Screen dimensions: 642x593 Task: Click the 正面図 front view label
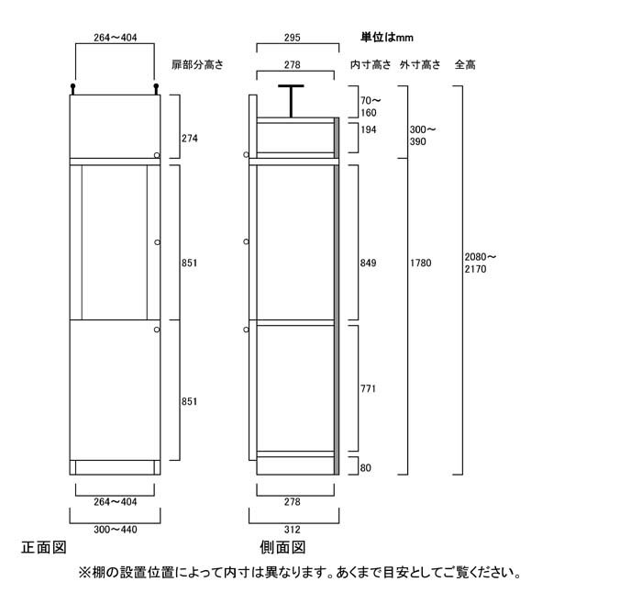coord(44,547)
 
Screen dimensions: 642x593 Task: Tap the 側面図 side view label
coord(282,547)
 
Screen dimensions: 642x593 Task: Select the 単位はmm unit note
coord(387,38)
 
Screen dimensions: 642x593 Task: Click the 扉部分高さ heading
coord(198,64)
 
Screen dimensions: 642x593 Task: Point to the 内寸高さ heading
coord(371,64)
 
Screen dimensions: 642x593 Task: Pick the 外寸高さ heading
coord(420,64)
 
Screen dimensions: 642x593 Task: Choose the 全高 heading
coord(465,64)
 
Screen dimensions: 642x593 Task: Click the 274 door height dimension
coord(190,139)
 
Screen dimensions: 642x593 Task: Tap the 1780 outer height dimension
coord(421,263)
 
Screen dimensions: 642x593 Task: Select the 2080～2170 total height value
coord(481,263)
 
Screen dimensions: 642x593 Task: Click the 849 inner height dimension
coord(368,263)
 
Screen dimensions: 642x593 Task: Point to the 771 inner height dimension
coord(368,388)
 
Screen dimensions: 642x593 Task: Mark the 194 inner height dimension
coord(369,130)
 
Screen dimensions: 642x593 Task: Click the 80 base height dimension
coord(366,468)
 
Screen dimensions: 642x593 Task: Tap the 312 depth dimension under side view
coord(293,530)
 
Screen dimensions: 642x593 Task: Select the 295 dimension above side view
coord(293,38)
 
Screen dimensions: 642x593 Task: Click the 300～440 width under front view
coord(116,530)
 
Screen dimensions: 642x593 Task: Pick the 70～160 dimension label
coord(371,106)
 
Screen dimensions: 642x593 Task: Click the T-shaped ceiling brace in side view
coord(291,101)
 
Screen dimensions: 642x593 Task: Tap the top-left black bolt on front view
coord(72,88)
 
